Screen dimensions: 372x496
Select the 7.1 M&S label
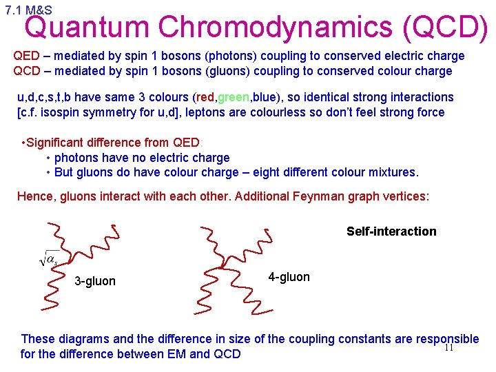click(28, 10)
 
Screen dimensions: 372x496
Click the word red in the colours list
click(205, 97)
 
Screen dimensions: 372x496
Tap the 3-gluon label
click(95, 281)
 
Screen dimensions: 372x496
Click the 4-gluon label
click(289, 277)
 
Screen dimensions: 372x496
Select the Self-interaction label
click(391, 231)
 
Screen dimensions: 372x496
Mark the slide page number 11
click(448, 348)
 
